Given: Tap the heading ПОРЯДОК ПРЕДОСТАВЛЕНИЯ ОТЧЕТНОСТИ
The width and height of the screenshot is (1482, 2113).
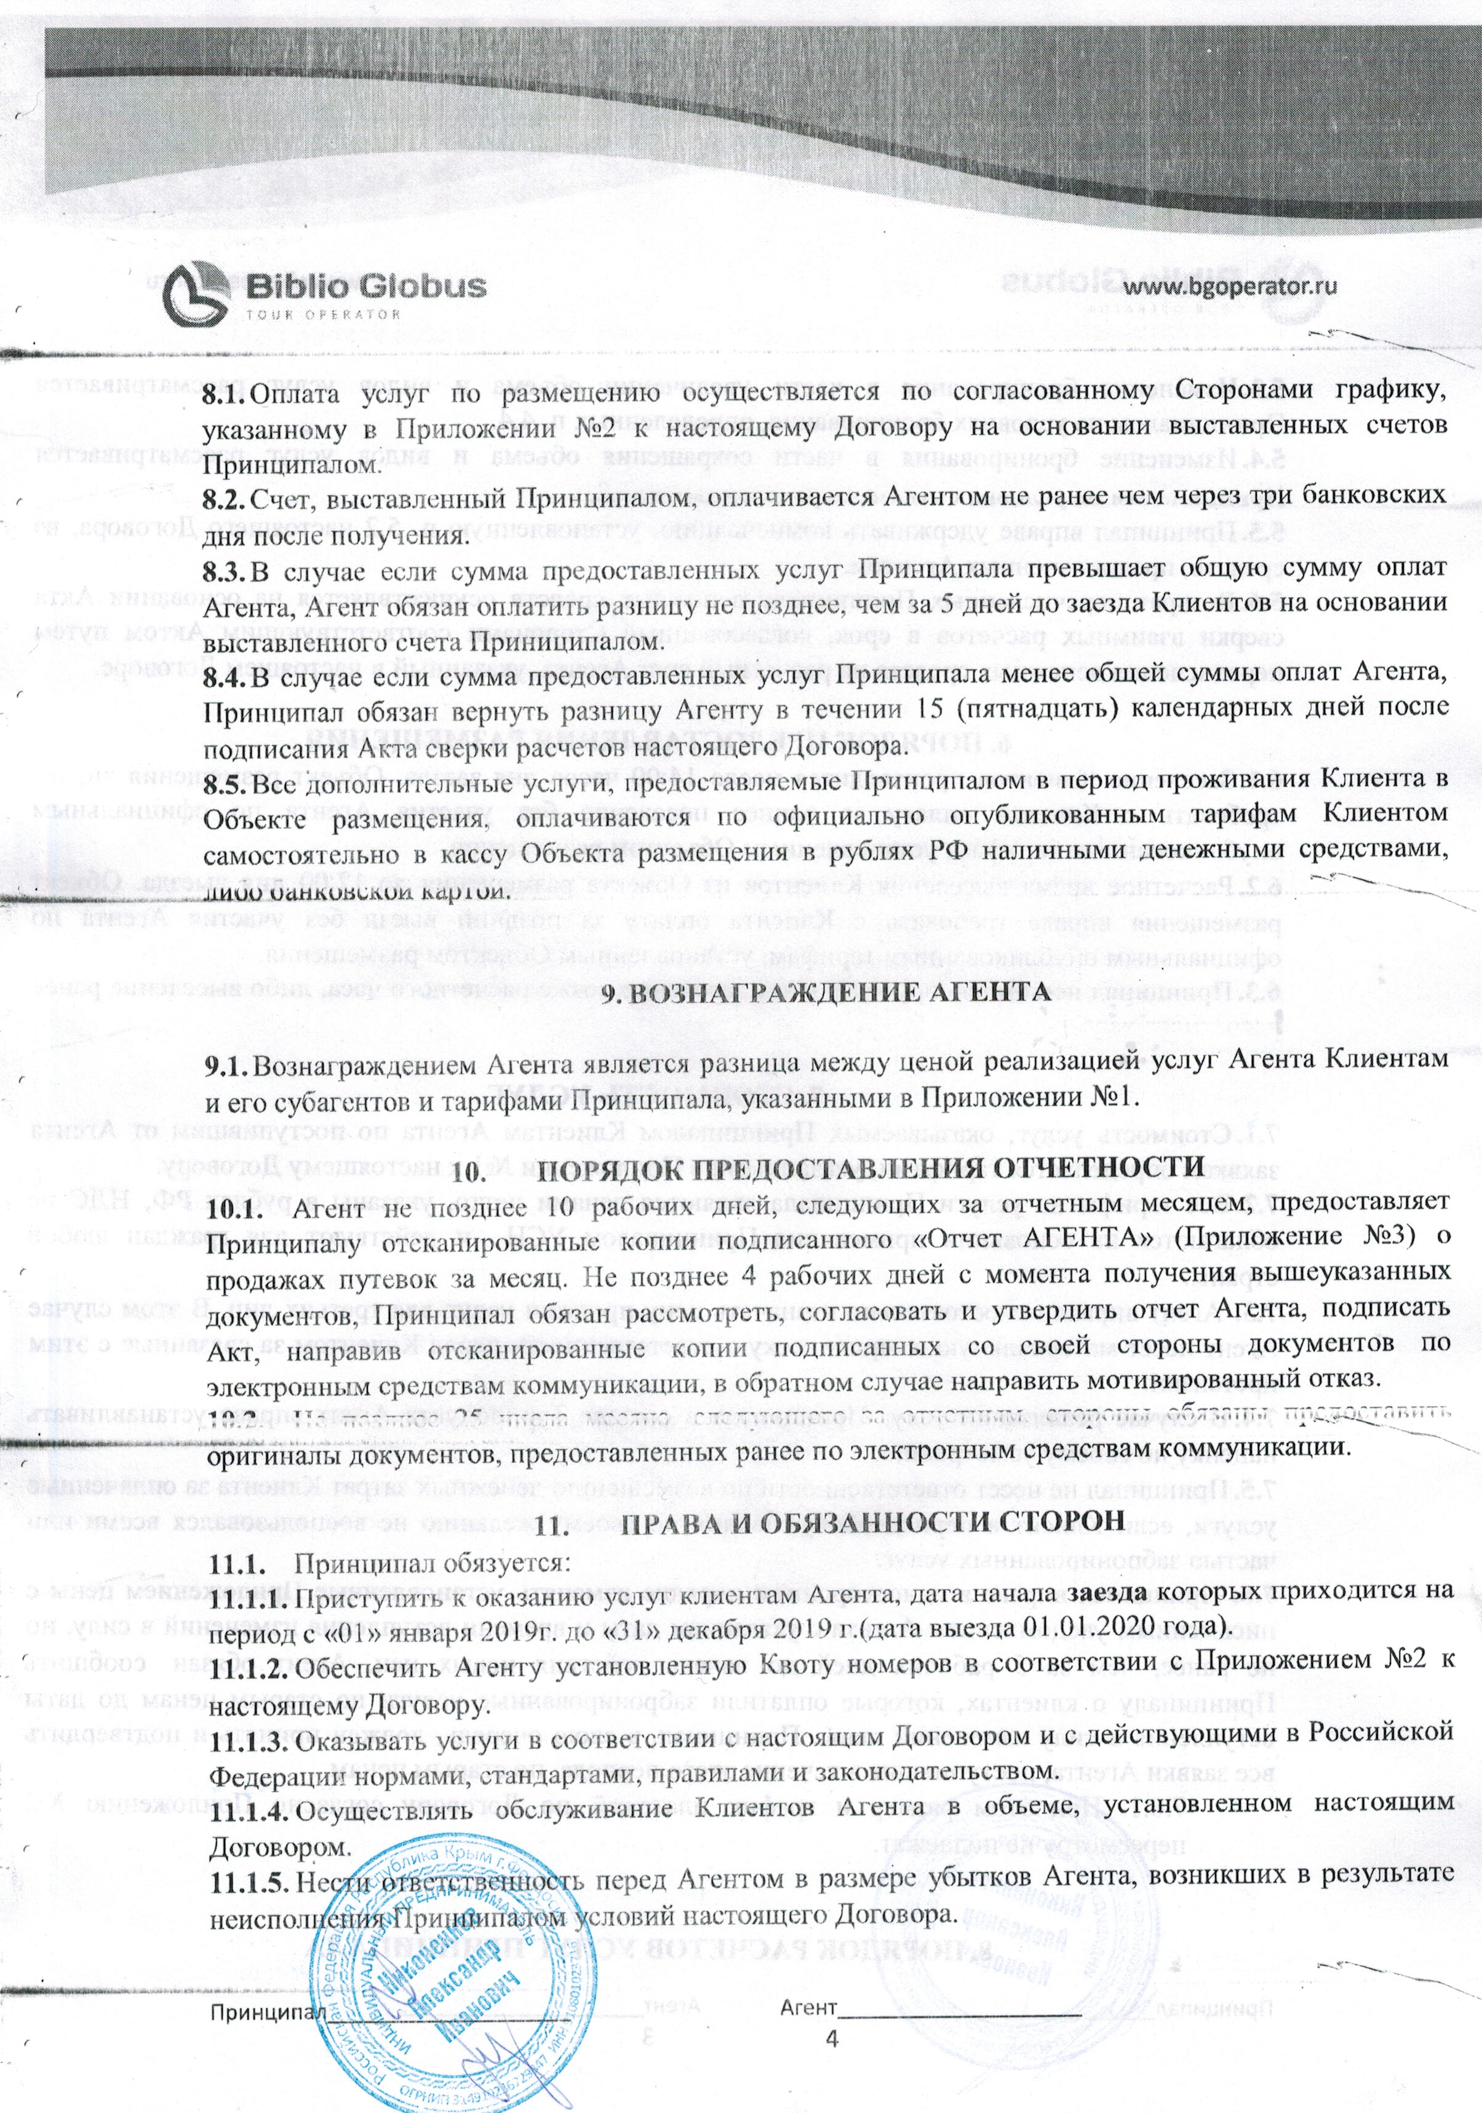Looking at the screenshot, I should [870, 1168].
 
